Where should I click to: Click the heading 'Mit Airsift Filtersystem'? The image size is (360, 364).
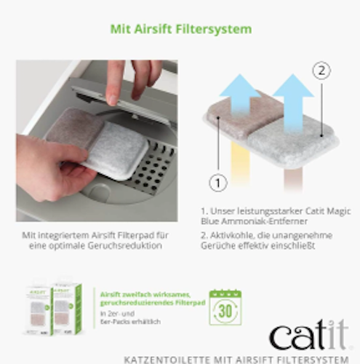click(180, 30)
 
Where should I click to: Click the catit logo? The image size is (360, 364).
click(308, 336)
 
